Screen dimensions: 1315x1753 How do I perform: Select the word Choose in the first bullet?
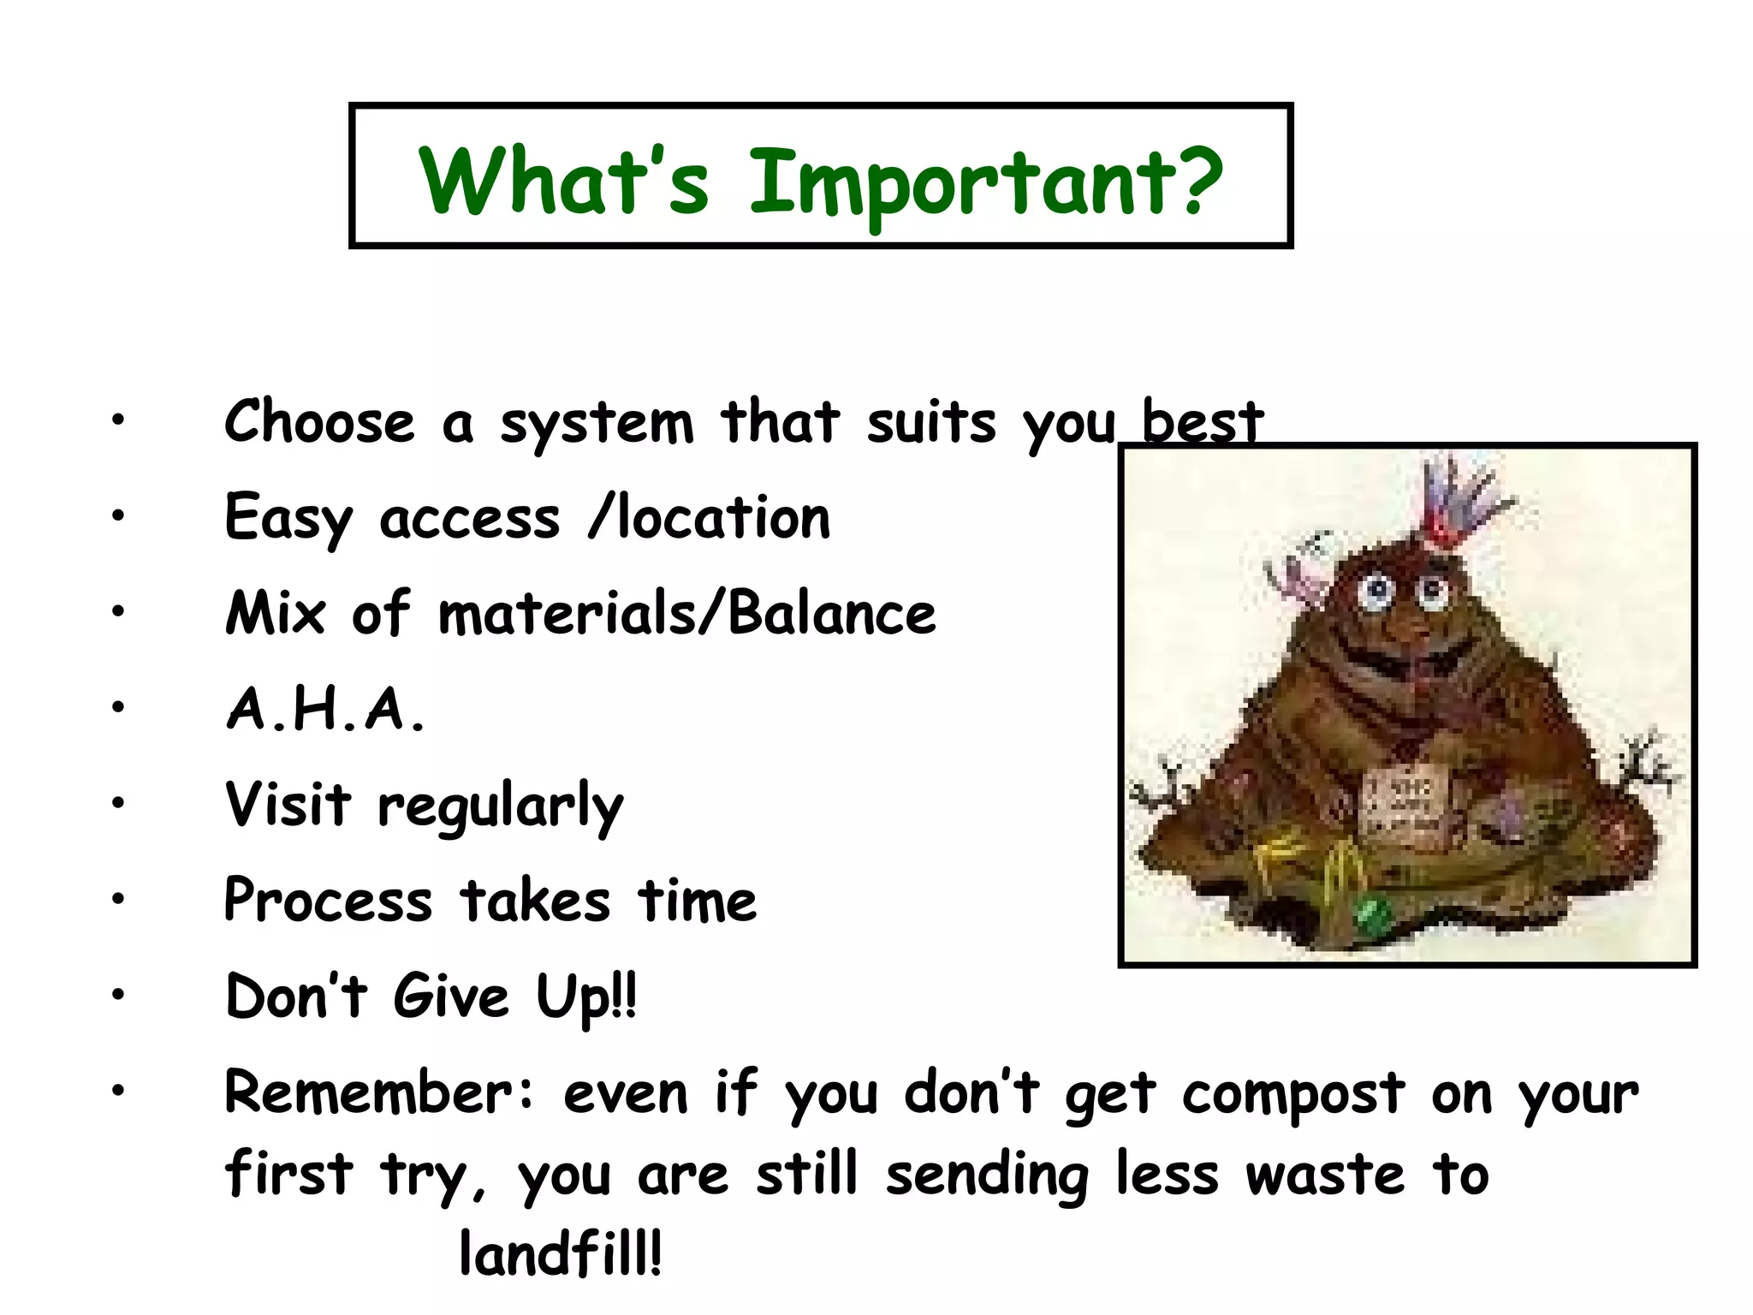[x=319, y=422]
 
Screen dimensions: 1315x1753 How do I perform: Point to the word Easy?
[x=288, y=519]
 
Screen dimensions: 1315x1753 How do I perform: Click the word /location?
[x=710, y=519]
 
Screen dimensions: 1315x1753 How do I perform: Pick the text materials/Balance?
[x=686, y=614]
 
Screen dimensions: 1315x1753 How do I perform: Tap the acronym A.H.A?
[x=325, y=710]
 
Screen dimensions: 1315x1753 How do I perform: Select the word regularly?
[x=501, y=807]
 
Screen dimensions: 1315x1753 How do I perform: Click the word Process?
[x=328, y=901]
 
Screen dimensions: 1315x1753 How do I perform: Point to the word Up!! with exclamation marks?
[x=586, y=999]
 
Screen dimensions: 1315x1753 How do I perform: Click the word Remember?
[x=379, y=1094]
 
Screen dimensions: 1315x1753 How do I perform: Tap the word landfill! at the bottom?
[x=561, y=1254]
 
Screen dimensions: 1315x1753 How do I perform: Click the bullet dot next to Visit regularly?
[x=117, y=802]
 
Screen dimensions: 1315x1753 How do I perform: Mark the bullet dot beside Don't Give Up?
[x=117, y=994]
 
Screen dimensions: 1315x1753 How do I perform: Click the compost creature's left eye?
[x=1377, y=589]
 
